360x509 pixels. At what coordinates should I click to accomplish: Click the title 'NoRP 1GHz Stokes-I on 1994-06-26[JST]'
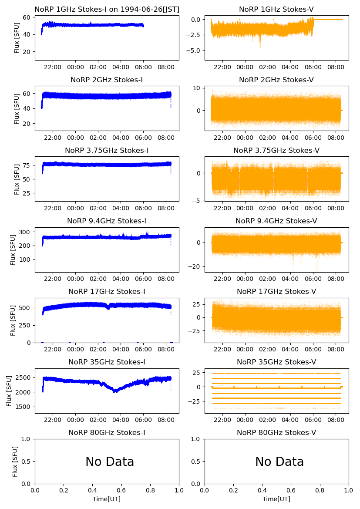[107, 10]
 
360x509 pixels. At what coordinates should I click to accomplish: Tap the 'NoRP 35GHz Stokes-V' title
[276, 362]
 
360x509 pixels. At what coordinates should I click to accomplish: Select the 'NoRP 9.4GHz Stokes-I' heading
[107, 221]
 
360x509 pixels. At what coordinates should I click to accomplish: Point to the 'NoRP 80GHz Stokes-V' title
[276, 433]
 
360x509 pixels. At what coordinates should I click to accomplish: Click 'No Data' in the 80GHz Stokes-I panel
[110, 462]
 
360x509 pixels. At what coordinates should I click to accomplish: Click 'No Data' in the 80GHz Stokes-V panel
[279, 462]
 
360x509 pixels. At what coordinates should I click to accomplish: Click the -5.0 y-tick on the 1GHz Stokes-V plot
[195, 51]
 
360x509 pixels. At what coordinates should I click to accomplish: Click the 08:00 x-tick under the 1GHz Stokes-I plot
[166, 67]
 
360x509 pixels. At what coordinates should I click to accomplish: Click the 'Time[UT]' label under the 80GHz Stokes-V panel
[276, 499]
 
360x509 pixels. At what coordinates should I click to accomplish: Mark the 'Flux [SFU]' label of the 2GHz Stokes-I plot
[17, 108]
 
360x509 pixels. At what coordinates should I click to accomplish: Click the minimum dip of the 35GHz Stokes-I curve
[115, 391]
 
